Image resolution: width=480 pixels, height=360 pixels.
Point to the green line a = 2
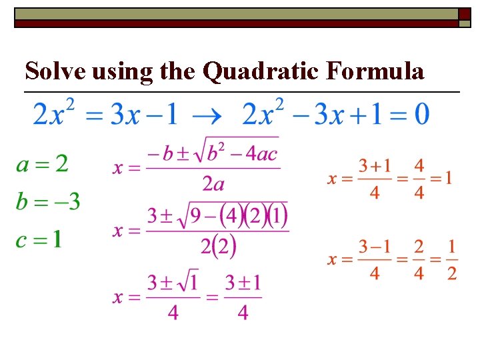click(x=42, y=163)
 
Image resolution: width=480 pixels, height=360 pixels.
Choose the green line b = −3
click(x=48, y=201)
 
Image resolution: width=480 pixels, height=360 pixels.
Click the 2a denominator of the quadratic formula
click(x=213, y=183)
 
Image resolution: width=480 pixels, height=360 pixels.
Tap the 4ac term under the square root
click(x=264, y=155)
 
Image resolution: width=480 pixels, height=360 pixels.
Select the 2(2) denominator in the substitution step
click(x=219, y=246)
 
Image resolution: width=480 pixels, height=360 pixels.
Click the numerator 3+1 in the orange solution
click(x=374, y=165)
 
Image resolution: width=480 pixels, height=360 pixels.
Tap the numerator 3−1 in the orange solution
click(x=374, y=247)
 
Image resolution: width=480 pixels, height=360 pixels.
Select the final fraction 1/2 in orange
click(x=451, y=260)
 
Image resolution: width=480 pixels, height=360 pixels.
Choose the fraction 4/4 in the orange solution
click(x=419, y=178)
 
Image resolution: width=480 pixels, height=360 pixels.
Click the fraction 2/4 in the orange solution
click(x=419, y=260)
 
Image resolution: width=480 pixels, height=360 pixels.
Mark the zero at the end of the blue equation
click(x=421, y=114)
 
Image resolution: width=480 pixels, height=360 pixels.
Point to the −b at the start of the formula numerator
click(x=158, y=155)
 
